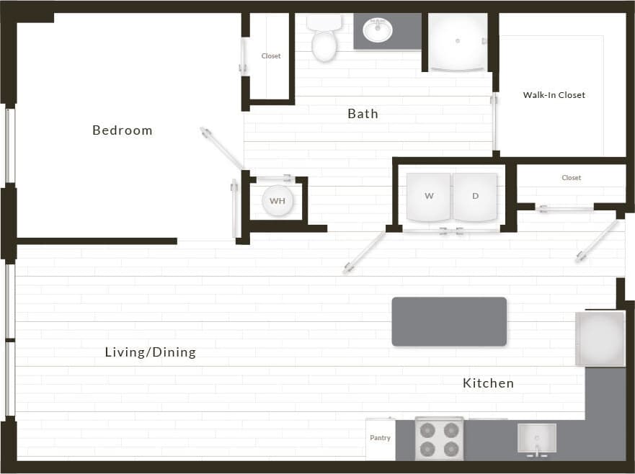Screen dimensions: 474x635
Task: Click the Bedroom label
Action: coord(122,130)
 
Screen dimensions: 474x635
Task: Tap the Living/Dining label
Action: coord(150,352)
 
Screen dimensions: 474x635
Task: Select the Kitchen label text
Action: coord(488,383)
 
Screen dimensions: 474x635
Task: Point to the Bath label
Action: coord(363,114)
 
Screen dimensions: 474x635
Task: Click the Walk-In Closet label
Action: coord(554,95)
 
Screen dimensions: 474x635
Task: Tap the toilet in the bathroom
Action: coord(324,42)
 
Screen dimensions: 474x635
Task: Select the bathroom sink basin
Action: coord(378,31)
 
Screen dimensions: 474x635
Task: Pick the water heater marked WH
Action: coord(277,201)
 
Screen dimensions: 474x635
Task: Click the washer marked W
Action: coord(429,197)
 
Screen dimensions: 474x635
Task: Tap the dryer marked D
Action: coord(475,197)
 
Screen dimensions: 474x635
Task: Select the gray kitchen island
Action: coord(449,321)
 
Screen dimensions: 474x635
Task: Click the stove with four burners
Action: coord(438,439)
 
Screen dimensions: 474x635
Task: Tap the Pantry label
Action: coord(380,438)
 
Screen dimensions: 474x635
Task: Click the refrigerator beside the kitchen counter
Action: coord(600,339)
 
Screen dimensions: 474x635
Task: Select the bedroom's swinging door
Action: coord(221,147)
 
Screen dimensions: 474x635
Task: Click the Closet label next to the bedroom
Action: coord(271,56)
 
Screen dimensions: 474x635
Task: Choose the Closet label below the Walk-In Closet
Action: coord(571,178)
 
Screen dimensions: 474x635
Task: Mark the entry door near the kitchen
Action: coord(597,241)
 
